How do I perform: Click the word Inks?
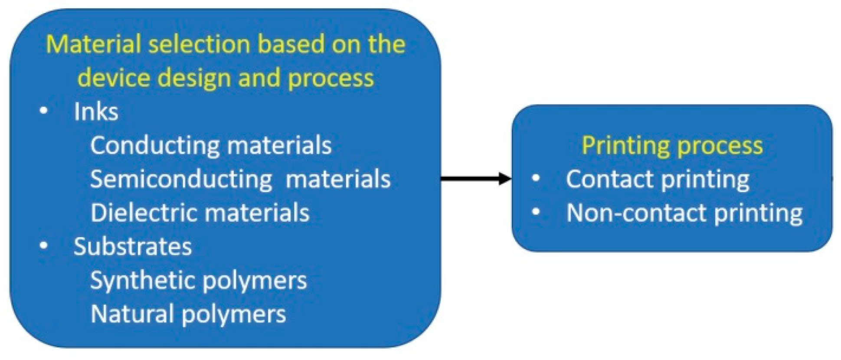click(96, 112)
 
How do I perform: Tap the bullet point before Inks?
click(44, 111)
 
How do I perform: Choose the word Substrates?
click(133, 247)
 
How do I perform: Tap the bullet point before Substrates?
click(44, 245)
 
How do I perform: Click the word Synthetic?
click(143, 281)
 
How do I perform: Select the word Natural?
click(132, 314)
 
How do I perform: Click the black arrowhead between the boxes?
click(504, 178)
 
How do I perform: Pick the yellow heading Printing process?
click(672, 145)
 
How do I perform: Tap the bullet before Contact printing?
click(536, 178)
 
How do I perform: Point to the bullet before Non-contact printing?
click(536, 212)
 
